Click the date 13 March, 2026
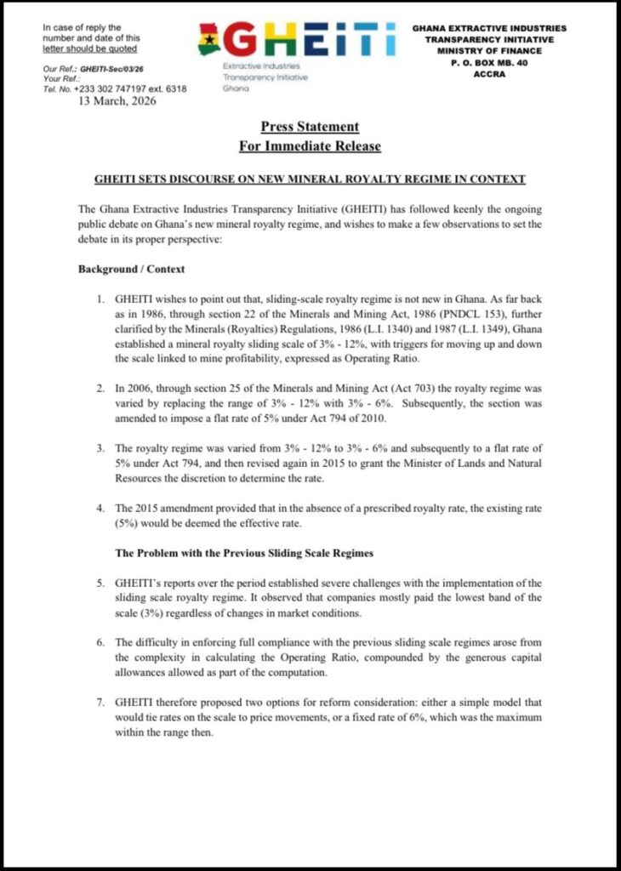[x=117, y=100]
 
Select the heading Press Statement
[x=310, y=127]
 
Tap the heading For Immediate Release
[x=310, y=146]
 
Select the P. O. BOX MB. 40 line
[x=489, y=62]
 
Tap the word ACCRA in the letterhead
[x=489, y=73]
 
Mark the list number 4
[x=100, y=508]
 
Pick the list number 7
[x=100, y=703]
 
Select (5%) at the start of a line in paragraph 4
[x=129, y=522]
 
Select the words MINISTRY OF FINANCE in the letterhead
[x=489, y=50]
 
